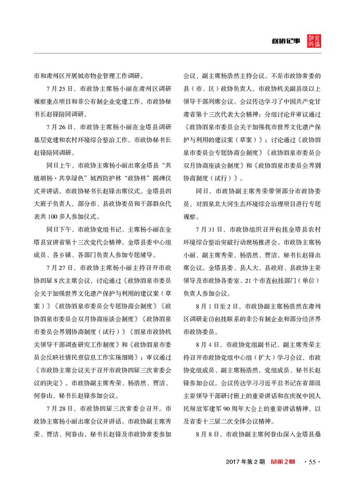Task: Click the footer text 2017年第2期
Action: point(246,462)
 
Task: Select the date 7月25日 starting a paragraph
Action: point(55,90)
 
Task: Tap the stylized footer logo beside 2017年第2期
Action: point(283,462)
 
